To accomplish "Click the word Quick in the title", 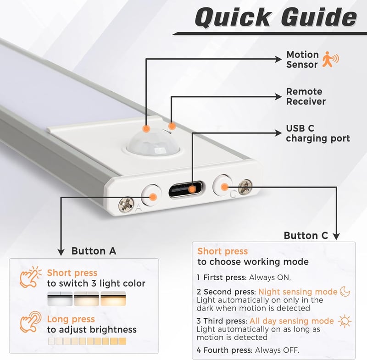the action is (x=233, y=17).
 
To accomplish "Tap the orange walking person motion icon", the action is (x=330, y=60).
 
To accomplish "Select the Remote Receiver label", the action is (x=306, y=96).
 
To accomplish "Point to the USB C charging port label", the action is (x=318, y=133).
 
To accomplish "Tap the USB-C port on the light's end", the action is (x=186, y=189).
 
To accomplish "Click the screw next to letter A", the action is (x=126, y=205).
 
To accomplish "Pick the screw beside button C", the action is (x=245, y=187).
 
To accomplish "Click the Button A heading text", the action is (x=94, y=251).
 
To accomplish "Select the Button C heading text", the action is (x=306, y=236).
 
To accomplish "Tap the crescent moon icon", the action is (x=345, y=291).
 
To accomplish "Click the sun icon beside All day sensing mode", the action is (x=345, y=321).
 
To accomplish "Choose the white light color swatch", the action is (x=60, y=299).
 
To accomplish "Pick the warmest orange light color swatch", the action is (x=113, y=299).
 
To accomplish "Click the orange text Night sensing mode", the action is (x=298, y=292).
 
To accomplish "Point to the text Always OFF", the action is (x=277, y=350).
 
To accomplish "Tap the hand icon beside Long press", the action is (x=30, y=321).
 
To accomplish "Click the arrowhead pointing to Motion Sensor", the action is (x=278, y=59).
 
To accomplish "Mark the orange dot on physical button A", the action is (x=153, y=197).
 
